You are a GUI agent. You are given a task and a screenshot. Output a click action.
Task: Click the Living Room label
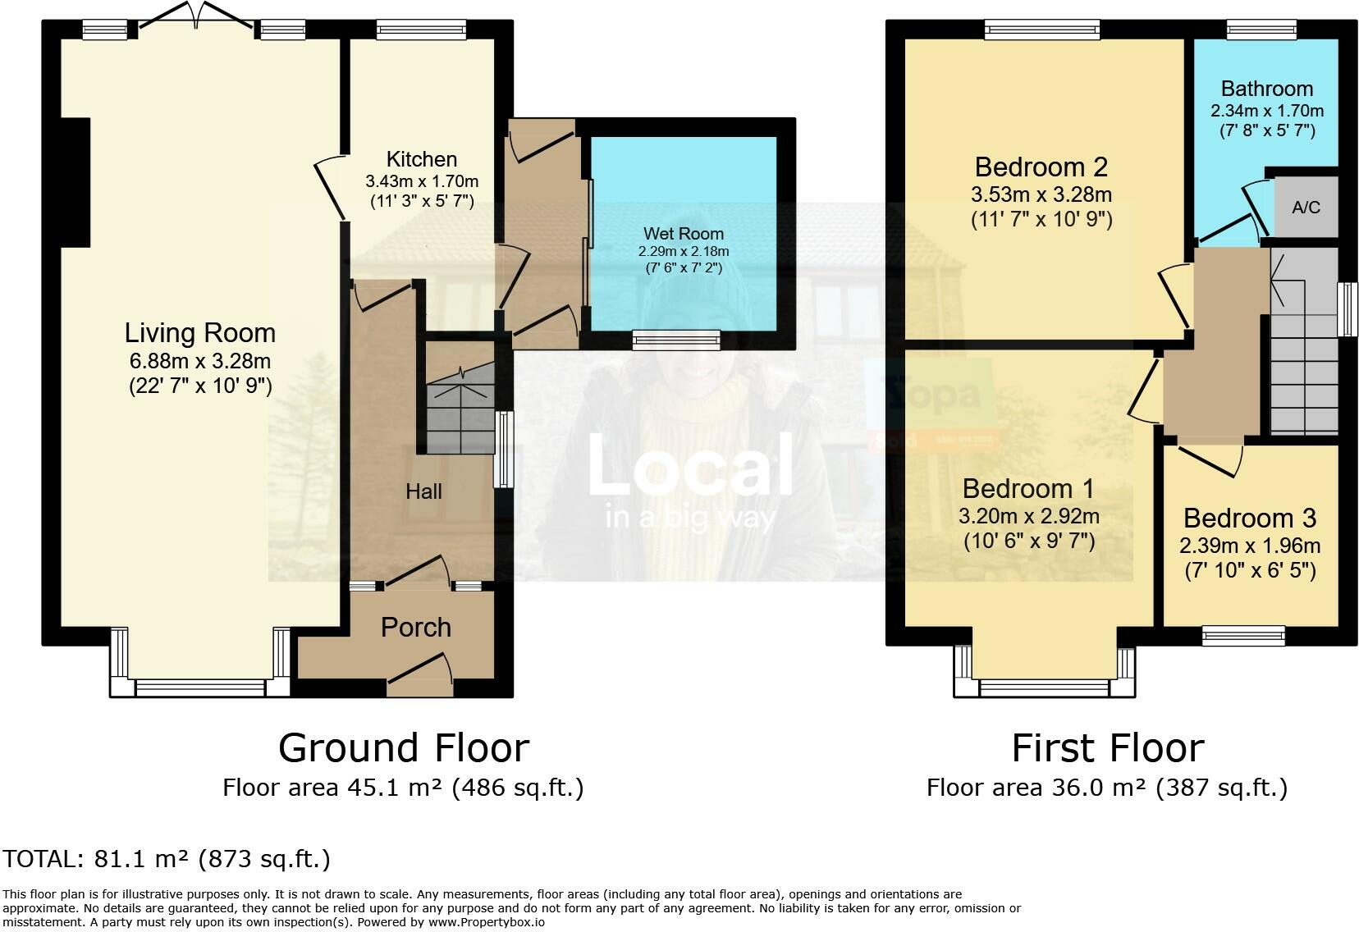click(199, 333)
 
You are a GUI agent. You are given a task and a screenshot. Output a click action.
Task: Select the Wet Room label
click(684, 234)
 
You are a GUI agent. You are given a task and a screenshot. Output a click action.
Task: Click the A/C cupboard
click(1306, 208)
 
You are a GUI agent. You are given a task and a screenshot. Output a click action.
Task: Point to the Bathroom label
click(1266, 89)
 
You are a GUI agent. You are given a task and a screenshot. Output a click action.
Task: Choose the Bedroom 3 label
click(1249, 519)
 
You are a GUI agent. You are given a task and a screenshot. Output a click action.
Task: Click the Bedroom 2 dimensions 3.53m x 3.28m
click(1041, 195)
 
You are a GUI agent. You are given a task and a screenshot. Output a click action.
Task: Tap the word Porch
click(416, 628)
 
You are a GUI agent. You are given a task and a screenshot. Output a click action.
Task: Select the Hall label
click(423, 491)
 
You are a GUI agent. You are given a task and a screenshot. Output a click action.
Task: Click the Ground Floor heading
click(403, 748)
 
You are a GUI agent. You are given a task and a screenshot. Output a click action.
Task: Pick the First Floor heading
click(1107, 748)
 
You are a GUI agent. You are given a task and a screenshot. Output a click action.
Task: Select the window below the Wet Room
click(676, 340)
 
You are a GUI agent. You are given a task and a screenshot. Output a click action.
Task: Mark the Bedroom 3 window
click(1242, 634)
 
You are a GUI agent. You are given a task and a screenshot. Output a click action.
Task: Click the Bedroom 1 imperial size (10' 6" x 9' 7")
click(1028, 541)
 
